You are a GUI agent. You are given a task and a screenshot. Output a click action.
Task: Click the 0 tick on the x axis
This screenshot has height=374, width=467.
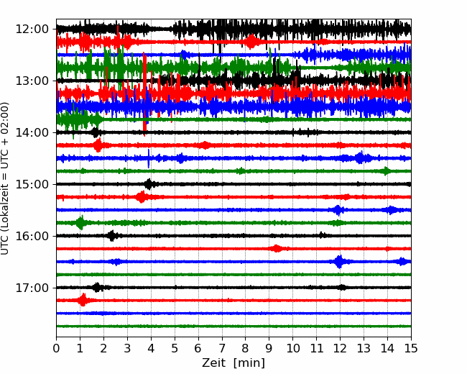point(56,348)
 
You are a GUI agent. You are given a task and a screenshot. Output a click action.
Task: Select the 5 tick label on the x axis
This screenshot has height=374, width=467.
point(175,348)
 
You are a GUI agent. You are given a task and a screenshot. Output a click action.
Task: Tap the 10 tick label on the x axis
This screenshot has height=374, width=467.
point(292,348)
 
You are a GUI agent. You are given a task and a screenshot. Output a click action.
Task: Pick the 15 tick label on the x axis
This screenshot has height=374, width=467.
point(411,348)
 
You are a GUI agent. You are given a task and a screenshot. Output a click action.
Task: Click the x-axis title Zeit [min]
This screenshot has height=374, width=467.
point(233,363)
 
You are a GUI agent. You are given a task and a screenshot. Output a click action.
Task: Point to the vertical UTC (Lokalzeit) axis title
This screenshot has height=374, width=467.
point(5,178)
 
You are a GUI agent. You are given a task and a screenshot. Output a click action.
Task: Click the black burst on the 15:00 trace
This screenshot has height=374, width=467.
point(149,184)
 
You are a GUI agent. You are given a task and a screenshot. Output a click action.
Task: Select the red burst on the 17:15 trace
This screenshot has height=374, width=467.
point(83,300)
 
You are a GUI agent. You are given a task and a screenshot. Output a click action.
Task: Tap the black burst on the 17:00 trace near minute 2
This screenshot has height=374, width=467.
point(97,288)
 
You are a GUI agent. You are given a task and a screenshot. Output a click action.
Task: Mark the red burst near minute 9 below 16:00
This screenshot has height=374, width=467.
point(277,248)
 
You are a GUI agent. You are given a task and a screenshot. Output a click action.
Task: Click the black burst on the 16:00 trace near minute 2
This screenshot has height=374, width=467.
point(111,236)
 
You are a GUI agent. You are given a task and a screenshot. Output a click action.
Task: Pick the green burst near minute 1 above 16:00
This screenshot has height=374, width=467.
point(80,223)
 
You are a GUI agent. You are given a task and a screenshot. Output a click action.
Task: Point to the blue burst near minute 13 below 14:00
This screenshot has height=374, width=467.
point(361,158)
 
